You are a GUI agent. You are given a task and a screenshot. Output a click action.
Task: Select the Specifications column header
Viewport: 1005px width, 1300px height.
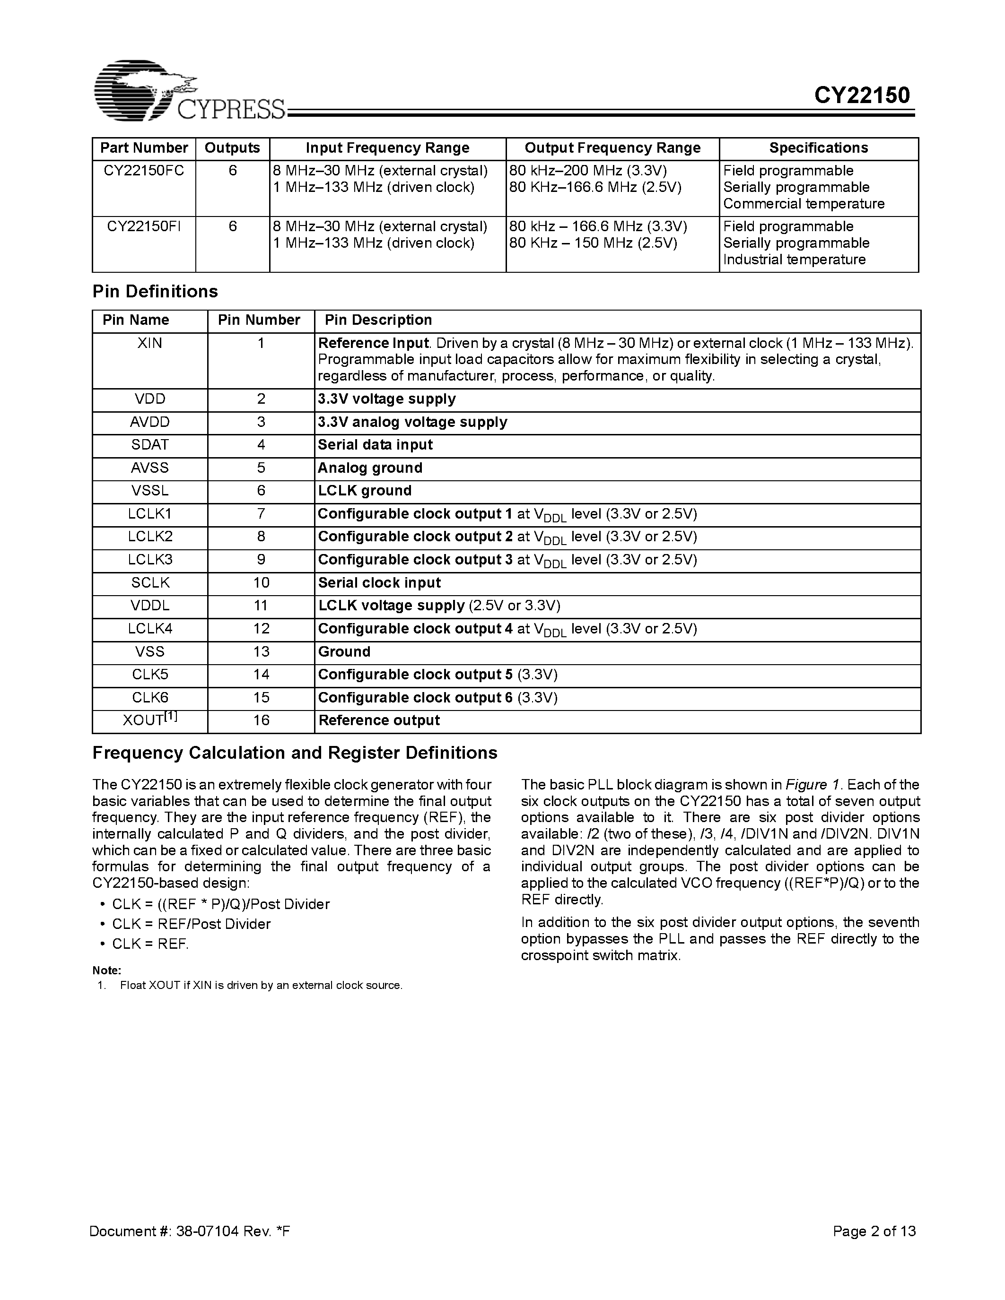click(818, 148)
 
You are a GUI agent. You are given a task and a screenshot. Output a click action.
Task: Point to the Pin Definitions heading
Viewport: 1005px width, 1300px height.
click(155, 292)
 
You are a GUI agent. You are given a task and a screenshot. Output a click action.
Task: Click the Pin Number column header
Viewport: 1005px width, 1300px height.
click(259, 320)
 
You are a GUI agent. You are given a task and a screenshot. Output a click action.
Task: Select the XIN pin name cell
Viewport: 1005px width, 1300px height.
click(149, 344)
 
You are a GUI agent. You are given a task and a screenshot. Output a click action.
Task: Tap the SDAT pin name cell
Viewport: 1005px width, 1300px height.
click(149, 445)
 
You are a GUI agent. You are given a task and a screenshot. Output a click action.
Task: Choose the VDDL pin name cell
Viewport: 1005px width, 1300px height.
click(149, 606)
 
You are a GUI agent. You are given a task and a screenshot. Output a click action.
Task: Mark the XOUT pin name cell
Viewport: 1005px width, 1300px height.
click(149, 720)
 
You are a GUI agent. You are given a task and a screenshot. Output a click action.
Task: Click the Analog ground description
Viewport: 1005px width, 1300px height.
click(370, 468)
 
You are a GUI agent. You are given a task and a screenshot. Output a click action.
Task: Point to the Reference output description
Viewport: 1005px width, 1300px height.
click(379, 721)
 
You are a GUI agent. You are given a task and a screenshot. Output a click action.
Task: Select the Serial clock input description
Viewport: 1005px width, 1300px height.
click(379, 583)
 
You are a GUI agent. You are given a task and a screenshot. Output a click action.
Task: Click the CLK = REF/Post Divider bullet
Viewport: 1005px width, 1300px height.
click(191, 924)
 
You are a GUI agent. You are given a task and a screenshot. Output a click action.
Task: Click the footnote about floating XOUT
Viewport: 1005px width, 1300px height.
click(261, 986)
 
